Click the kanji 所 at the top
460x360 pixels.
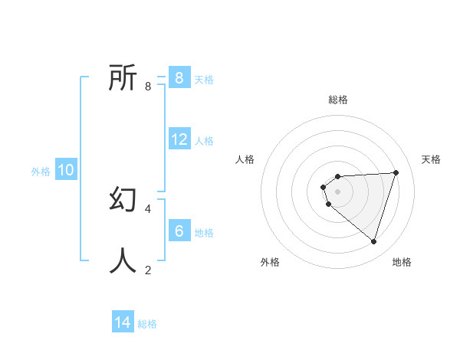[123, 77]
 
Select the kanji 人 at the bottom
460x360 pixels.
[123, 260]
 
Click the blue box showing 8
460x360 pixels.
[179, 78]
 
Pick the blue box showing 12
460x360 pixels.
[179, 139]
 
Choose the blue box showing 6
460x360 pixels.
[179, 231]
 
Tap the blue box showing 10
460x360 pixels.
[65, 170]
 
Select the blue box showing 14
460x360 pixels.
[123, 322]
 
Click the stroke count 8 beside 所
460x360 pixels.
[148, 86]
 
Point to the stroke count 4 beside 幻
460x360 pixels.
[148, 208]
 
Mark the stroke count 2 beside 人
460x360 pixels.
[148, 269]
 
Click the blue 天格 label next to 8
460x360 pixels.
[204, 80]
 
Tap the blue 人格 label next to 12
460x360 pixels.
[204, 141]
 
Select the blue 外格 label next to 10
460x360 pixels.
[41, 172]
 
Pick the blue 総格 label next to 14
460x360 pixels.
[147, 324]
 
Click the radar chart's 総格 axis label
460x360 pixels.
[337, 100]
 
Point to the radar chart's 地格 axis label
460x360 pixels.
[402, 262]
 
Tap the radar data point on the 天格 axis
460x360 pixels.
[396, 172]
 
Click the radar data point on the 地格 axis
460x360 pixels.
[373, 241]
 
